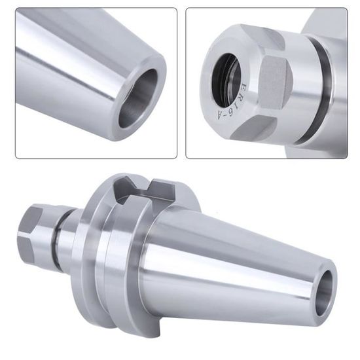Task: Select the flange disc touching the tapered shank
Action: pos(128,262)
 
